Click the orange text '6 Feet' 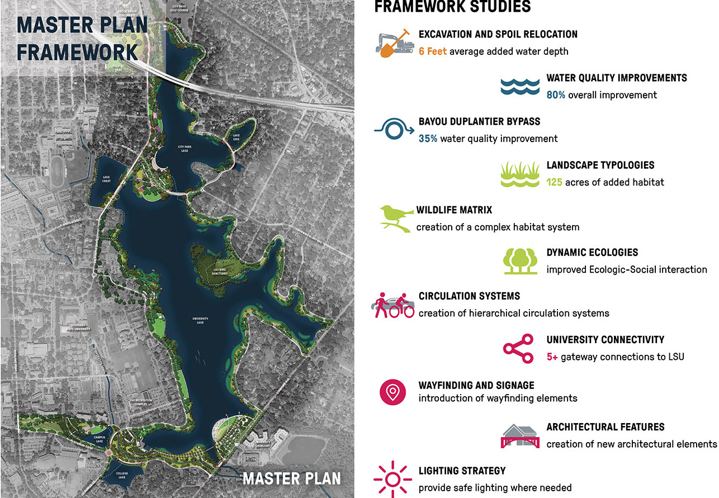coord(433,51)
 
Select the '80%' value coord(556,95)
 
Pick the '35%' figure coord(428,139)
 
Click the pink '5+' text coord(552,357)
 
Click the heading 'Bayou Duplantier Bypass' coord(479,121)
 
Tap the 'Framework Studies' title coord(452,7)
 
